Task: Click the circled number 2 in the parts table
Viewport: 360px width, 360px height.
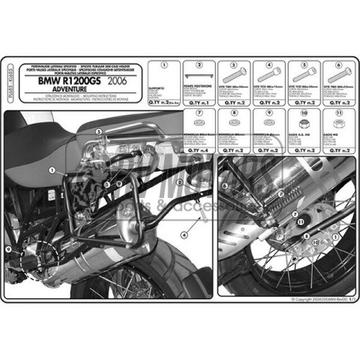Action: click(x=199, y=64)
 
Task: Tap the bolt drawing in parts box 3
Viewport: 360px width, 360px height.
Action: click(x=234, y=77)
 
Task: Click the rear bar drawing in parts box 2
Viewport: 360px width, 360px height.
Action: click(x=199, y=76)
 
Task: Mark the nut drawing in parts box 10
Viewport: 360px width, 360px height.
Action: click(x=304, y=124)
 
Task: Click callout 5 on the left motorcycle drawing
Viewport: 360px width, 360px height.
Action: click(x=97, y=131)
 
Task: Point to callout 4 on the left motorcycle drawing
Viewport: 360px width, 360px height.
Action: click(x=184, y=234)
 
